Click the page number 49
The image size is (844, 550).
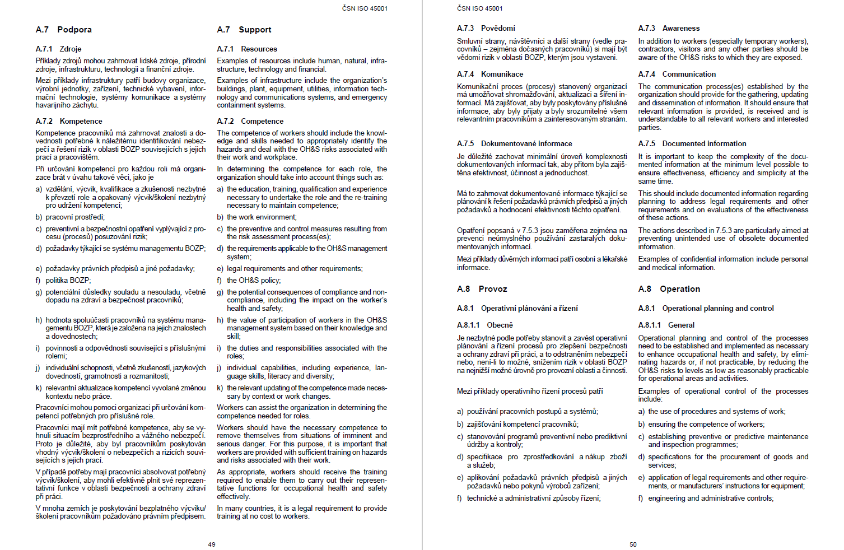coord(212,544)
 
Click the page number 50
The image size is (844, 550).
coord(633,544)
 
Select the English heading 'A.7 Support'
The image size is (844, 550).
coord(244,30)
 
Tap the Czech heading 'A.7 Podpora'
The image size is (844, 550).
coord(64,30)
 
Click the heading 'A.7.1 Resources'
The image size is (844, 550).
coord(247,49)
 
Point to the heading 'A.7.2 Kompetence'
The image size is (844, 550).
coord(69,121)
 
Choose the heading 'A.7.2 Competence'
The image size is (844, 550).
coord(250,121)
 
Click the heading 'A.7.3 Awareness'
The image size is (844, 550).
coord(669,29)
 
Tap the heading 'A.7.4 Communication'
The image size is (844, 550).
coord(677,74)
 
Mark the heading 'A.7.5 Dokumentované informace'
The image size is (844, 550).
coord(514,144)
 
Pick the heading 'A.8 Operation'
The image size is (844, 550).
coord(669,289)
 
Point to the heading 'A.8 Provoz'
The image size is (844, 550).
coord(482,289)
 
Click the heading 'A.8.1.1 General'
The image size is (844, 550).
coord(666,325)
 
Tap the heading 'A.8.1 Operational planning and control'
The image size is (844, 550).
coord(706,309)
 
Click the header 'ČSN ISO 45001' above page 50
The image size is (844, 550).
coord(479,8)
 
